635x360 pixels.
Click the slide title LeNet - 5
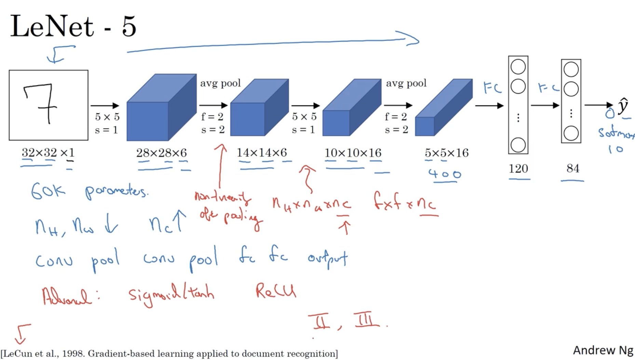pos(73,27)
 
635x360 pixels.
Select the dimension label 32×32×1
pos(48,153)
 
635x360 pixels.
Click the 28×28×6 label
pos(161,153)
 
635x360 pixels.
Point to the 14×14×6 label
pos(262,153)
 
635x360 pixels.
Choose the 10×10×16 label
pos(353,153)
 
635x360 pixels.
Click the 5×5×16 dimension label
pos(446,153)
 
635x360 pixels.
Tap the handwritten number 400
pos(445,174)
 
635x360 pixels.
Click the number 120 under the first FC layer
pos(518,168)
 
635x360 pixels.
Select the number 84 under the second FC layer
pos(573,168)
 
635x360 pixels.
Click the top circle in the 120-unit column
pos(518,67)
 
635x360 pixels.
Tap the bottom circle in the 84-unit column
pos(571,133)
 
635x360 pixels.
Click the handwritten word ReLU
pos(276,292)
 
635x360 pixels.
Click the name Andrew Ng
pos(603,350)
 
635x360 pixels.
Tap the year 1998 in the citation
pos(72,354)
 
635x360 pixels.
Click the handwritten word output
pos(327,259)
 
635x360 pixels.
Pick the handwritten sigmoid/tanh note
pos(171,295)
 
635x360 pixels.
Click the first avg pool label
pos(220,83)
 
